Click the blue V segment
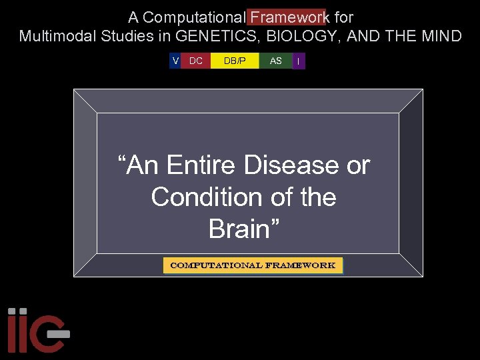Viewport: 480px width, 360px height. pyautogui.click(x=175, y=61)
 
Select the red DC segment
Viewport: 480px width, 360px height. pyautogui.click(x=196, y=61)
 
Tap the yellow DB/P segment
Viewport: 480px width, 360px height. pyautogui.click(x=235, y=61)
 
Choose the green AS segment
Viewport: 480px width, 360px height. pyautogui.click(x=276, y=61)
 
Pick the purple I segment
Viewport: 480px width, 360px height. pyautogui.click(x=299, y=61)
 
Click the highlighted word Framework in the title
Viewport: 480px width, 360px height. pyautogui.click(x=288, y=17)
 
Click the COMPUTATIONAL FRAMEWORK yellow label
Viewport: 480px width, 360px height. pyautogui.click(x=253, y=265)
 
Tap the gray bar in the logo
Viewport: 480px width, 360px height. pyautogui.click(x=59, y=332)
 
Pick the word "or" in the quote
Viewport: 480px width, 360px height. pyautogui.click(x=358, y=165)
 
